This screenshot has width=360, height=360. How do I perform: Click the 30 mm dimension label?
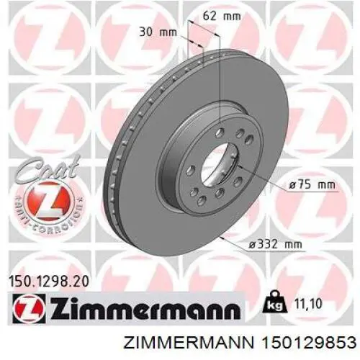[x=157, y=31]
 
